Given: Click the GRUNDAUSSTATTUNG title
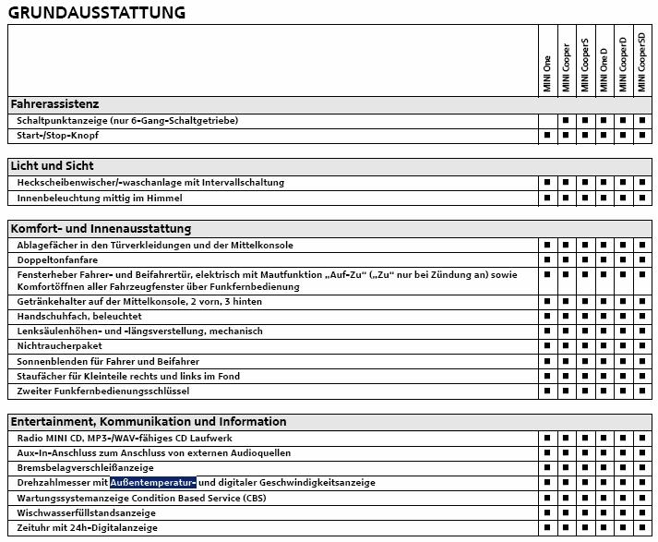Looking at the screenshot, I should coord(97,12).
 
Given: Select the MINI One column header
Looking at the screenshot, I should coord(548,74).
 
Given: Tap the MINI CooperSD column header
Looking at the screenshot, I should coord(642,61).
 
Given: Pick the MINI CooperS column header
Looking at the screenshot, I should coord(585,66).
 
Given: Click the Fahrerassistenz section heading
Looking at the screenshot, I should coord(55,104).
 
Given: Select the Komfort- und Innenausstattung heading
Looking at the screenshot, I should coord(100,228).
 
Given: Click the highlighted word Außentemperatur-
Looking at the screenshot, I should coord(153,482).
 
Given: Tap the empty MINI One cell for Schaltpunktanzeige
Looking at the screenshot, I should coord(547,121).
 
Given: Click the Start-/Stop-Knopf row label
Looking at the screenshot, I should coord(57,136).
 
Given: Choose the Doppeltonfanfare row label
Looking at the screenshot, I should coord(57,260).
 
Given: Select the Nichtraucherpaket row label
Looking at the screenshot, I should coord(59,345).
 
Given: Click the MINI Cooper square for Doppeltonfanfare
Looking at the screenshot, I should coord(566,260).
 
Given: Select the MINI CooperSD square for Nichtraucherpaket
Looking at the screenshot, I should coord(642,345).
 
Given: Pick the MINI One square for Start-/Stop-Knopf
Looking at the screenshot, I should coord(547,136).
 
